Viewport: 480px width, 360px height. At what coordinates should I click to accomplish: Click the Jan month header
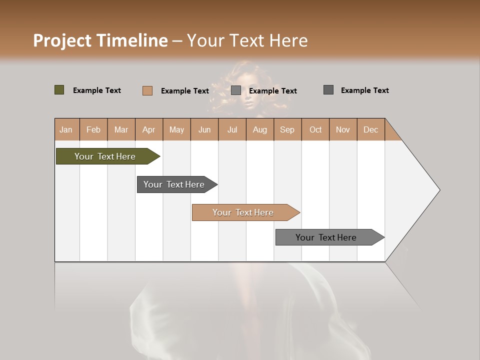[x=66, y=129]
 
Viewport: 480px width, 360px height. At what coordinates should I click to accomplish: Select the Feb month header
[x=93, y=129]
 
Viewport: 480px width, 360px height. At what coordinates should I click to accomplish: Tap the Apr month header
[x=148, y=129]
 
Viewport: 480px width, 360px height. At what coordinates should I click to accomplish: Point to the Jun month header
[x=204, y=129]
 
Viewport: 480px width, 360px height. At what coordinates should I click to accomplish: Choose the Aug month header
[x=259, y=129]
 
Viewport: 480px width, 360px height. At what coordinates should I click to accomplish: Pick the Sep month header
[x=287, y=129]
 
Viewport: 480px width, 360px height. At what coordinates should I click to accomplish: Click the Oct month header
[x=315, y=129]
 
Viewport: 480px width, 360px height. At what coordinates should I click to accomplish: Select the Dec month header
[x=370, y=129]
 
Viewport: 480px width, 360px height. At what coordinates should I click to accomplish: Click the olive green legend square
[x=59, y=90]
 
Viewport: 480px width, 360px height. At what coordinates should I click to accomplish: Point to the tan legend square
[x=147, y=90]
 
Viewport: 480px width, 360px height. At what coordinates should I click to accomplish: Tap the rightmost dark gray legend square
[x=328, y=90]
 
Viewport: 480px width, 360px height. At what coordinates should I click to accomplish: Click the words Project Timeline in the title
[x=100, y=40]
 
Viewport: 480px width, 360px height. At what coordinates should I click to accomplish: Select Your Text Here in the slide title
[x=247, y=40]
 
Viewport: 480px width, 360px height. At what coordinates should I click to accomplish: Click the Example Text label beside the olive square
[x=97, y=90]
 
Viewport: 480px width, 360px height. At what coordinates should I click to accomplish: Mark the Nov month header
[x=343, y=129]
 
